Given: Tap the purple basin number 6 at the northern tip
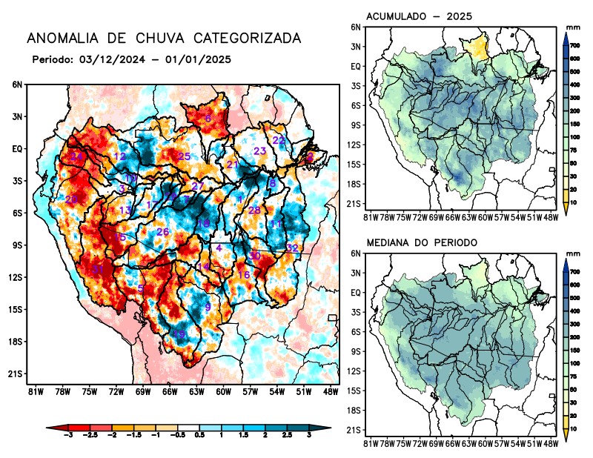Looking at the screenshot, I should coord(208,119).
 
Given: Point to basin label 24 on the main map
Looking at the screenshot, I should coord(77,157).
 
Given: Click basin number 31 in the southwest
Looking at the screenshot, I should coord(98,269).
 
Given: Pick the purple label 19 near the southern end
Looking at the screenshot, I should coord(179,335).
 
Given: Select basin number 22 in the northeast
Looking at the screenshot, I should coord(279,140).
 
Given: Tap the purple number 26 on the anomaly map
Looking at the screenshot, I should coord(163,233).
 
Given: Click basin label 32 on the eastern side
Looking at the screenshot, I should coord(292,248).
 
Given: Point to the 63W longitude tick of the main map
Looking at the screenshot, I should coord(196,391).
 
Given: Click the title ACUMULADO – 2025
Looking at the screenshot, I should coord(420,16).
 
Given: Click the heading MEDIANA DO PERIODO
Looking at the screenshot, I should coord(422,242).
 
